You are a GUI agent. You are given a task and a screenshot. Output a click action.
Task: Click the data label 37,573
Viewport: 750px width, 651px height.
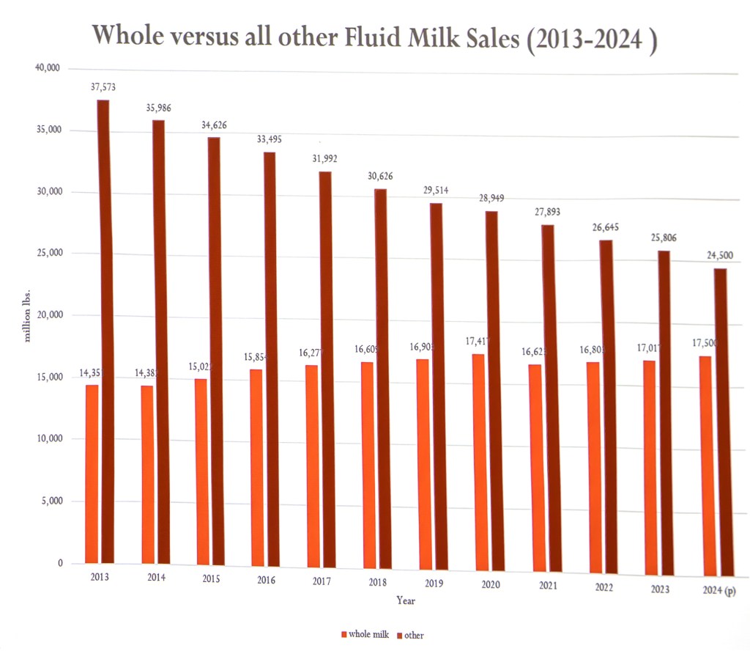[x=103, y=87]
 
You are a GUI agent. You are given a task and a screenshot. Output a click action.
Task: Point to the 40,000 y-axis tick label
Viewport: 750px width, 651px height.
[x=46, y=68]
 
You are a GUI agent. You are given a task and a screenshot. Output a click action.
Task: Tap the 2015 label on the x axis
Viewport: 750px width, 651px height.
[x=210, y=578]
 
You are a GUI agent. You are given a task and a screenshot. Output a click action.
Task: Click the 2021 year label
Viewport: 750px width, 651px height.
[x=548, y=586]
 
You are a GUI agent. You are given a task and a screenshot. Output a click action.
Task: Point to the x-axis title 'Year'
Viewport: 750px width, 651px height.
[x=406, y=600]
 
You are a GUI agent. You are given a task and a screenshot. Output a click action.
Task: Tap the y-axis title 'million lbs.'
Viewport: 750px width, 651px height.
[x=28, y=315]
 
